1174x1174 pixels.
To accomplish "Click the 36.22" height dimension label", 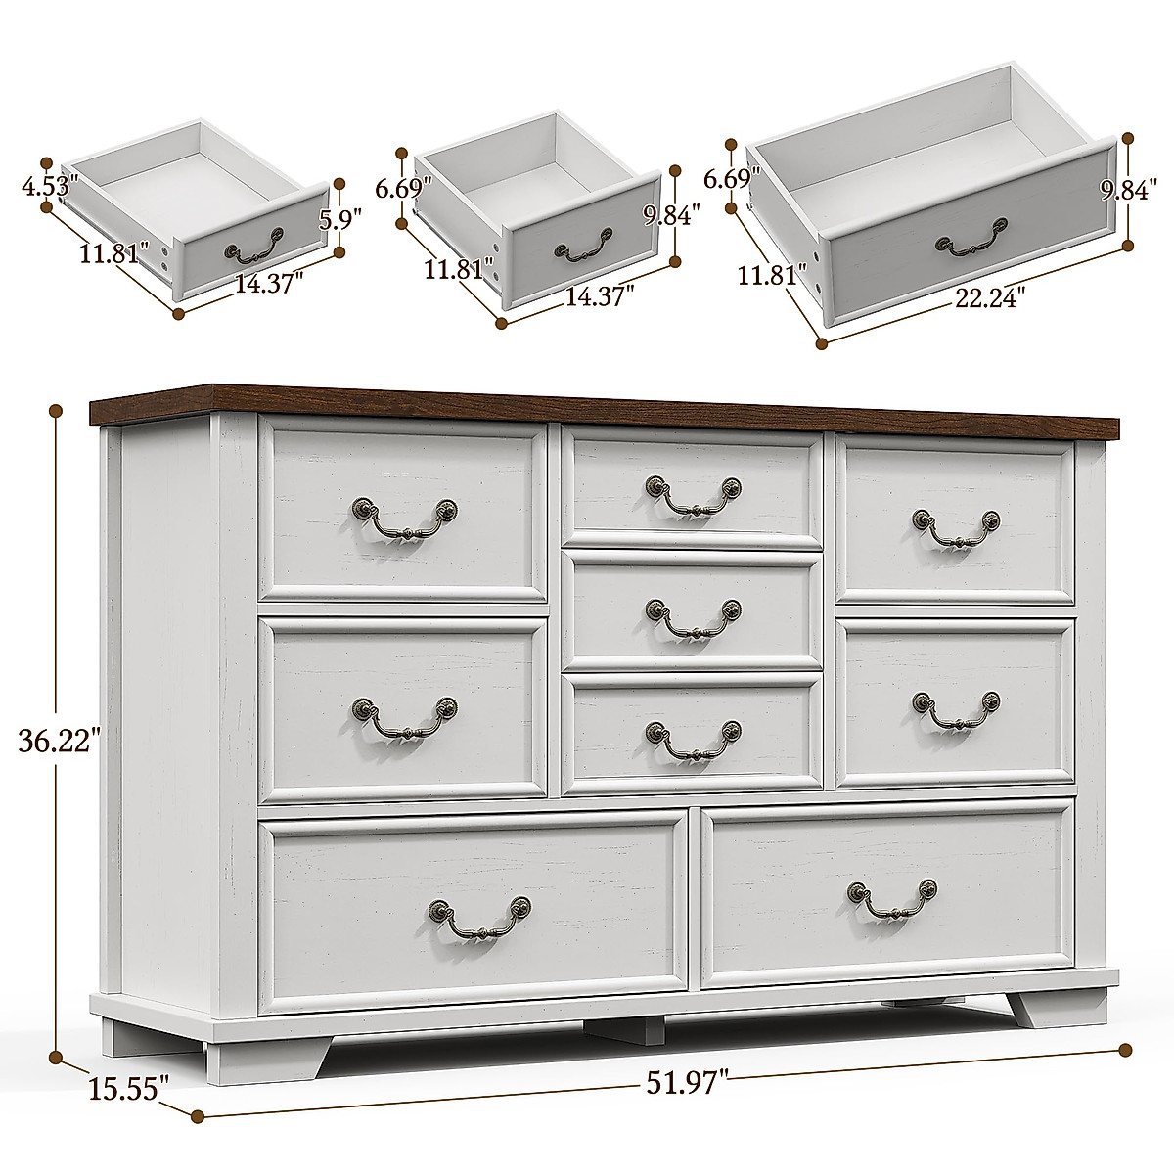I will pos(60,741).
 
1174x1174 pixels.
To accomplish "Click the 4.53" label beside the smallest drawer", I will pos(49,184).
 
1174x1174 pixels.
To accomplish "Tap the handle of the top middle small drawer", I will pos(694,493).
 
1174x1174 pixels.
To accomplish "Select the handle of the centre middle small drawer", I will pos(694,617).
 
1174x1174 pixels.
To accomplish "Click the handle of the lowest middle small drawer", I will pos(694,739).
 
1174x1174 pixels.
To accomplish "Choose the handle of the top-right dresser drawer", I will pos(956,526).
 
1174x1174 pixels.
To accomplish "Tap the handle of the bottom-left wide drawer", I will pos(479,916).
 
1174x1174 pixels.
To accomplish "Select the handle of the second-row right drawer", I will pos(956,708).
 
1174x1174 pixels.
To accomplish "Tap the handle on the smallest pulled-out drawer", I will pos(254,246).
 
